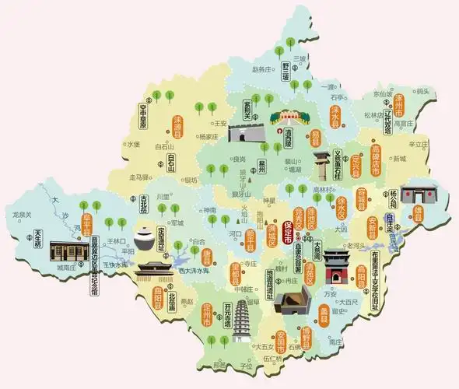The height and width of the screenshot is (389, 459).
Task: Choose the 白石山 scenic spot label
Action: tap(171, 166)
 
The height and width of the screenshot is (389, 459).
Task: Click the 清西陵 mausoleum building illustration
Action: tap(286, 119)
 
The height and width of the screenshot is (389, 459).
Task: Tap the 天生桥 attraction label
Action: tap(37, 239)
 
